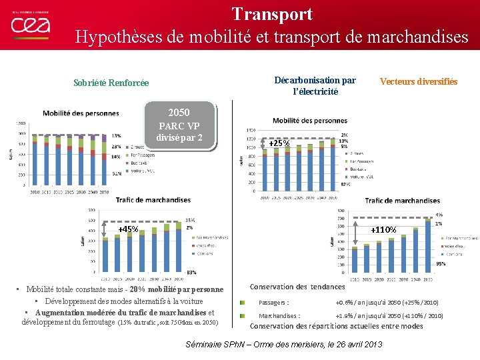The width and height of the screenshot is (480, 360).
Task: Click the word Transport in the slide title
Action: [272, 14]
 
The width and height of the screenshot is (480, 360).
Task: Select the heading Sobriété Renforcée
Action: [111, 83]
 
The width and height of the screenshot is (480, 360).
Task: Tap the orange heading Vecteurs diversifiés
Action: [419, 82]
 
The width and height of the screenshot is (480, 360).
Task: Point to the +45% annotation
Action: [128, 229]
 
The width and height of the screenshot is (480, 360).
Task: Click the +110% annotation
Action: [383, 230]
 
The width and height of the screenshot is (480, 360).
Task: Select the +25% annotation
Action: [279, 143]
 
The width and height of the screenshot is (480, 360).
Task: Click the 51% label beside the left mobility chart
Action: [117, 174]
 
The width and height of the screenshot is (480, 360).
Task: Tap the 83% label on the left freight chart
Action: [191, 272]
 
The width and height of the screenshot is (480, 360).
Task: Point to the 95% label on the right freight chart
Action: [439, 264]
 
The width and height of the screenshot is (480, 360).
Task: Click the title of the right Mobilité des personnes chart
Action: [309, 121]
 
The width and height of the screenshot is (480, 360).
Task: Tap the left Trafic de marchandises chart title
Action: [153, 199]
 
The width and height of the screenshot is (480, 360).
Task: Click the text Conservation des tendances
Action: [297, 287]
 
